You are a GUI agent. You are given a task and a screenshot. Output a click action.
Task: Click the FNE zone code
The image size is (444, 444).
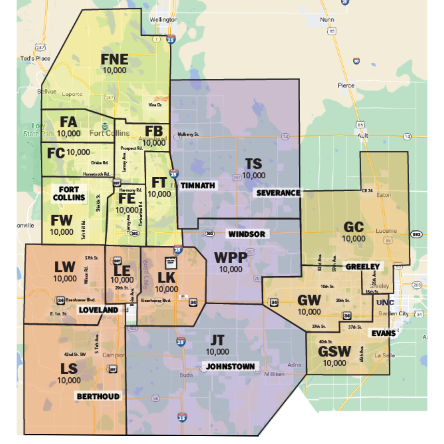tap(115, 60)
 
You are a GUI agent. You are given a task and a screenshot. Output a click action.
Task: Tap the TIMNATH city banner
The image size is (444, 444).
tap(197, 185)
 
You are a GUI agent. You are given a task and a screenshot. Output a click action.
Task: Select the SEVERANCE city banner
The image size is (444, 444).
tap(278, 193)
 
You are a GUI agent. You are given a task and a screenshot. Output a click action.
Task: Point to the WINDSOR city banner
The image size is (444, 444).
tap(247, 234)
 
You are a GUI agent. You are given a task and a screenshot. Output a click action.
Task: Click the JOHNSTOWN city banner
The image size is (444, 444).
tap(230, 366)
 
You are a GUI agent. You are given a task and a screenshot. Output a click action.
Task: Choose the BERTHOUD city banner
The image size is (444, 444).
tap(98, 397)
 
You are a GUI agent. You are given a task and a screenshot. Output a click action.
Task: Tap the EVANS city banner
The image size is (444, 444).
tap(384, 333)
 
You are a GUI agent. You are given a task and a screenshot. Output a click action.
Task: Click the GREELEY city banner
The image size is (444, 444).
tap(362, 266)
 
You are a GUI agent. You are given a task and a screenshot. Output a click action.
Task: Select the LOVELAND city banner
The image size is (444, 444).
tap(98, 310)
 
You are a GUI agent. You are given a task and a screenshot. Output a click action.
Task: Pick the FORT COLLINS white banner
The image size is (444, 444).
tap(69, 194)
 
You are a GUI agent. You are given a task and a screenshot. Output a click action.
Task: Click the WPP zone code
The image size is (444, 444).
tap(231, 258)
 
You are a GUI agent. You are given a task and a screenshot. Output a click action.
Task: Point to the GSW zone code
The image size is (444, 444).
tap(334, 352)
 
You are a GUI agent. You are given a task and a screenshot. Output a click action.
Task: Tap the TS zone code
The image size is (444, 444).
tap(254, 164)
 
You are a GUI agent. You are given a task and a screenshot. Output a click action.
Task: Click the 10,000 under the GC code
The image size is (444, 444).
tap(354, 238)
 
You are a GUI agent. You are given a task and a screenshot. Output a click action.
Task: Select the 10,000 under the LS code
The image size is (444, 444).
tap(69, 380)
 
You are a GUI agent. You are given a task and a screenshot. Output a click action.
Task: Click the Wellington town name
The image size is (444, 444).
tap(164, 20)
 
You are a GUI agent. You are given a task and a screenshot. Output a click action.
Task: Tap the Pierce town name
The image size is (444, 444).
tap(346, 86)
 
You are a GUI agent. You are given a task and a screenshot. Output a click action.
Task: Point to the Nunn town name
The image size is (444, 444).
tap(327, 20)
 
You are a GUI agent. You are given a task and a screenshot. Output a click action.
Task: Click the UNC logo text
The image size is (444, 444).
tap(385, 303)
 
